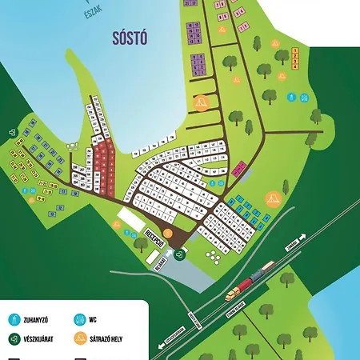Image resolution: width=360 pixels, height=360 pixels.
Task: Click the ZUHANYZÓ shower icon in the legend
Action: click(x=14, y=318)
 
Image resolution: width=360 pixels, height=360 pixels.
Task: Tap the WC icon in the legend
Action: click(x=79, y=318)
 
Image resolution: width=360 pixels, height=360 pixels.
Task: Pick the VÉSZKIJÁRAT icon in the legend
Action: click(x=14, y=339)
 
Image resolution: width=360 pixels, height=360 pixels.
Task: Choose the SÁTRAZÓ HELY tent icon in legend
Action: click(x=79, y=339)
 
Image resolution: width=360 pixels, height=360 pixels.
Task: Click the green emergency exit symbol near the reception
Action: click(x=180, y=254)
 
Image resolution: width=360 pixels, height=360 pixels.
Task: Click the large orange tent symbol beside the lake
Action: click(x=201, y=102)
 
